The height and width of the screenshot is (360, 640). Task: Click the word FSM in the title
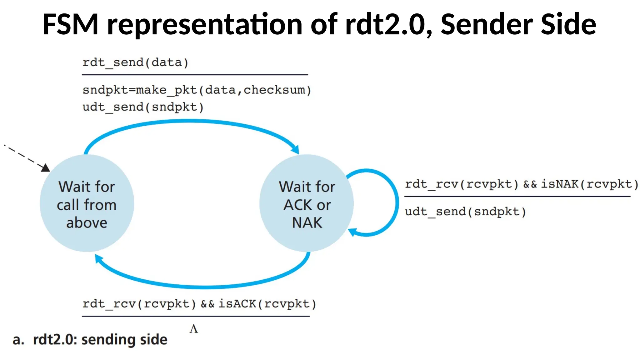(70, 24)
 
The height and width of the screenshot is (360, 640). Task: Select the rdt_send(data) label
(135, 62)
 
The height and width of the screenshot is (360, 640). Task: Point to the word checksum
(274, 90)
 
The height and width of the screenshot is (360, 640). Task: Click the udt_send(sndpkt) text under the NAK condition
(465, 212)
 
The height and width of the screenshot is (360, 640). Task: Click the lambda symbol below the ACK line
(194, 329)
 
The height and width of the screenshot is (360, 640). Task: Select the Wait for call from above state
(87, 203)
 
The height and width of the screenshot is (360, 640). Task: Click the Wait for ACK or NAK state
(307, 203)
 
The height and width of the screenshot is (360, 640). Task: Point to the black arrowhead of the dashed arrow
(46, 168)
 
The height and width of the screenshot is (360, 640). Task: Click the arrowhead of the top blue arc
(296, 150)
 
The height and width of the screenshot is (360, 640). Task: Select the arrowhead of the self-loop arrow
(352, 232)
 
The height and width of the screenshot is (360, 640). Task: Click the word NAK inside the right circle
(307, 223)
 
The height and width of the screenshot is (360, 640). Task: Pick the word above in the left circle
(87, 223)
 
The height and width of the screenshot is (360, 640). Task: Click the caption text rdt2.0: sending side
(100, 340)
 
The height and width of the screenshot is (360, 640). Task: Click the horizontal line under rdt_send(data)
(195, 75)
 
